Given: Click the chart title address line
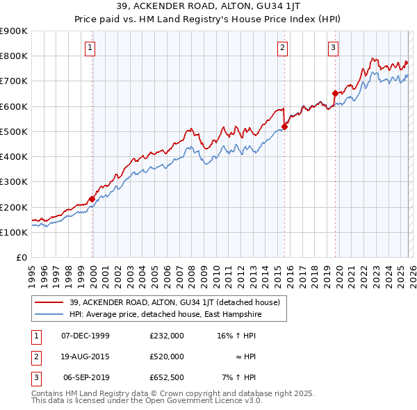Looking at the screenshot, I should [x=208, y=7].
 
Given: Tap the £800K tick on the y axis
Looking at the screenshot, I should [x=14, y=56].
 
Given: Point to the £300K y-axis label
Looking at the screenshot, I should [x=14, y=182].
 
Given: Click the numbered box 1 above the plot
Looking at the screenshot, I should [x=91, y=48].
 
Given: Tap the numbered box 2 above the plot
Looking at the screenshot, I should [x=283, y=48].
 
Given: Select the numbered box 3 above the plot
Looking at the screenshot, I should [x=333, y=48].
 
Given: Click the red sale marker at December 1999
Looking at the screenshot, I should [x=92, y=199].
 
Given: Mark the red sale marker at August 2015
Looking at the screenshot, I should [x=284, y=126].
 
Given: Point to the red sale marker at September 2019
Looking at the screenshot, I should [x=334, y=93].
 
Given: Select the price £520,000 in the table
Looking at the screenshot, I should [x=167, y=356].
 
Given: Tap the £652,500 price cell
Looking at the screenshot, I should [x=167, y=377].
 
